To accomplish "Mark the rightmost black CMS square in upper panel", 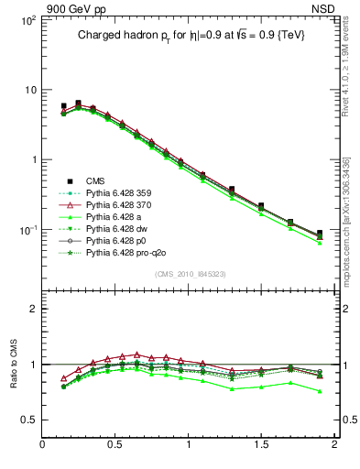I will [x=319, y=233].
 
